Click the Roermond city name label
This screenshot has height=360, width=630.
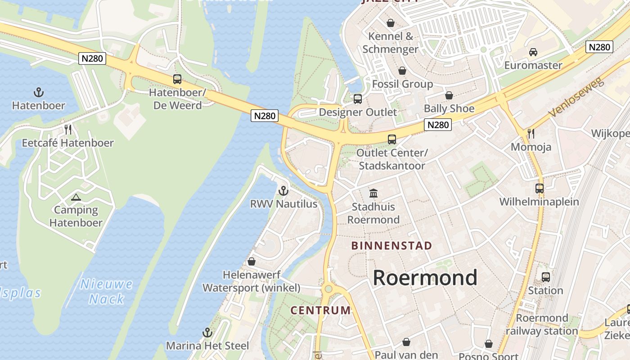coord(425,278)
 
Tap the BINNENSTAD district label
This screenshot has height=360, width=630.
coord(391,246)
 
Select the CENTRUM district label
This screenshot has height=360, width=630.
coord(320,310)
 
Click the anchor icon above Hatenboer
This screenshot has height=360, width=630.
coord(39,93)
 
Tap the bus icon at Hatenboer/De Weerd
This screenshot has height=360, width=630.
coord(177,79)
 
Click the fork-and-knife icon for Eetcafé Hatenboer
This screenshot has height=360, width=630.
coord(68,130)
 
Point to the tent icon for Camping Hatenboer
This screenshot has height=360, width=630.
coord(76,197)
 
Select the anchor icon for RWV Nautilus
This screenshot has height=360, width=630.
coord(283,191)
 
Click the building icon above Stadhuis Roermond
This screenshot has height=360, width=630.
coord(373,193)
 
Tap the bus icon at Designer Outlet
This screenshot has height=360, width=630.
coord(358,99)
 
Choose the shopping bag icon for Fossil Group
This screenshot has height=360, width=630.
coord(402,71)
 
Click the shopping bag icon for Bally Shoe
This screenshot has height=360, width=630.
coord(449,95)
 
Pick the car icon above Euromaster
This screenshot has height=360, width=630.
coord(533,52)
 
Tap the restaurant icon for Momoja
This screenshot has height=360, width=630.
coord(531,133)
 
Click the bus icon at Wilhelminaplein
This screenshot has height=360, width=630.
coord(540,188)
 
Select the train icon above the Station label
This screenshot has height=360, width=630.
coord(546,277)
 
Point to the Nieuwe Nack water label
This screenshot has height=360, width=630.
coord(107,292)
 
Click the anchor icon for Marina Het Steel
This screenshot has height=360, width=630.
coord(207,333)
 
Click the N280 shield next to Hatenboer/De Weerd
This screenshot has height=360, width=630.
coord(92,58)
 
